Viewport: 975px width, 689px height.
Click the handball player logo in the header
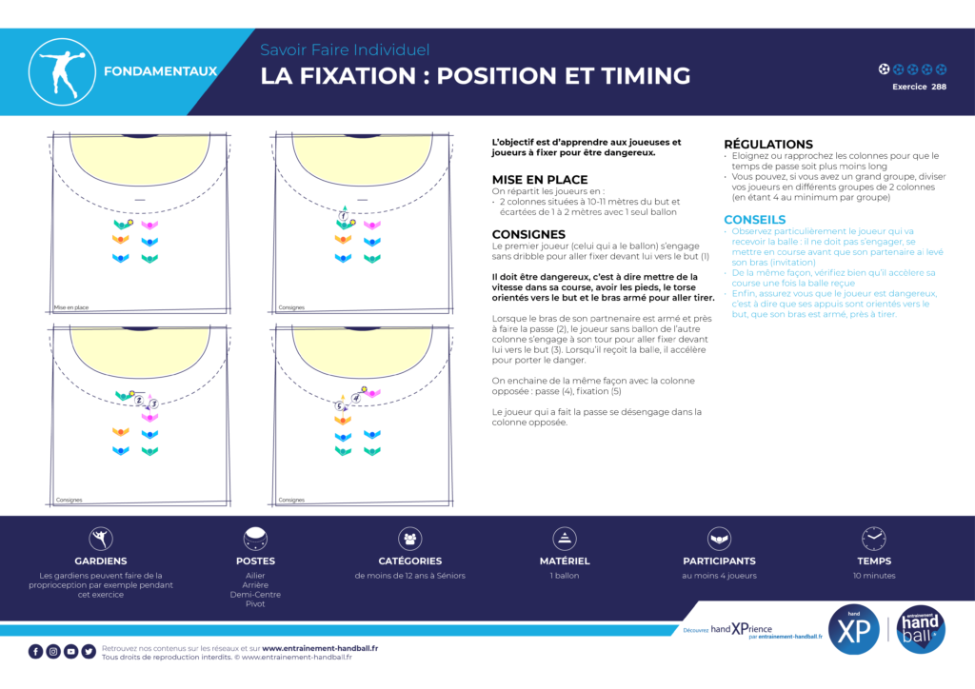[64, 71]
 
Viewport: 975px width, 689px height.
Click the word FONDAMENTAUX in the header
[160, 71]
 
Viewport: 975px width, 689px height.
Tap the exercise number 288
[939, 87]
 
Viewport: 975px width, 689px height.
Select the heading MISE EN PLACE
[540, 179]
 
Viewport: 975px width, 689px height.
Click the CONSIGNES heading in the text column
[528, 234]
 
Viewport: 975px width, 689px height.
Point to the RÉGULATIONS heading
[768, 144]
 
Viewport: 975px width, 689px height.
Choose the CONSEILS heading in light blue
[754, 220]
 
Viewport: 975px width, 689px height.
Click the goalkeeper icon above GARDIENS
[101, 539]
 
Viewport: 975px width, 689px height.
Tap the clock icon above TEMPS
[874, 539]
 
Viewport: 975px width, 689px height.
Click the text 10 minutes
[874, 576]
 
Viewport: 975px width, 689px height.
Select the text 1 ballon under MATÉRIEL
[566, 576]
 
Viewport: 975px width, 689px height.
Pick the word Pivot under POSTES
[255, 604]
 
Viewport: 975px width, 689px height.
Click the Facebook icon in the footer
[35, 652]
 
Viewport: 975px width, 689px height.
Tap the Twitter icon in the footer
[89, 652]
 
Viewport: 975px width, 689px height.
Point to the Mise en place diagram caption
[70, 307]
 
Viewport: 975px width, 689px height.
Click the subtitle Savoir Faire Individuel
[345, 49]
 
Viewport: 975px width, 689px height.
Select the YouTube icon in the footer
[71, 652]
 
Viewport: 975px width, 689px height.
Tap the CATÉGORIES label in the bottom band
[410, 561]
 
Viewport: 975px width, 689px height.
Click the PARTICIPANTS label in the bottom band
[719, 561]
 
